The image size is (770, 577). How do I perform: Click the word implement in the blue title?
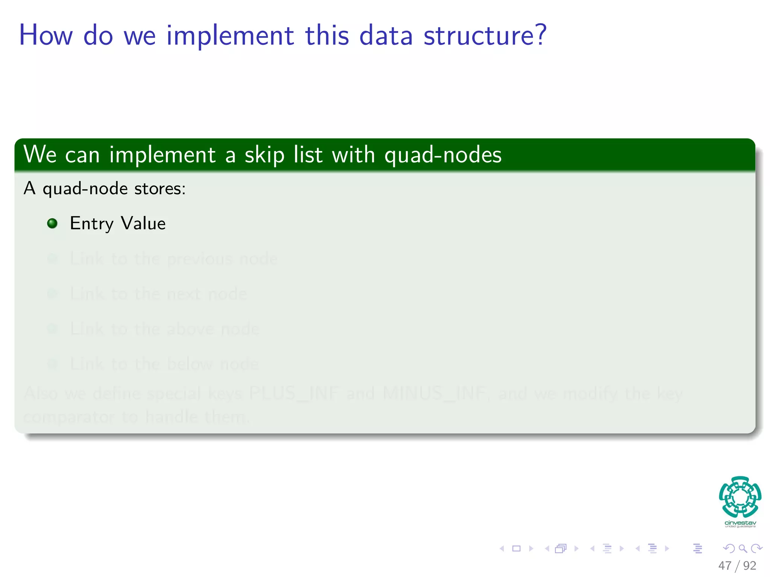point(230,36)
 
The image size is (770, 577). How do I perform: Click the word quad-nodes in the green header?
point(443,155)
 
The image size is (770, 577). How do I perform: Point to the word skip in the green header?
point(264,155)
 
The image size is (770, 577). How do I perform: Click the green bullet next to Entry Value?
point(52,224)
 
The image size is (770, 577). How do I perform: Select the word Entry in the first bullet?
point(91,224)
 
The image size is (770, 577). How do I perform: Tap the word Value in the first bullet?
point(143,223)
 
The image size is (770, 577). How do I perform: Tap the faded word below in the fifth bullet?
point(189,364)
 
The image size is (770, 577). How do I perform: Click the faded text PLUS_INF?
point(294,394)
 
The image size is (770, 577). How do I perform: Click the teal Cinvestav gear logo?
point(740,497)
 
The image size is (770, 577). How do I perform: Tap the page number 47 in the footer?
point(725,565)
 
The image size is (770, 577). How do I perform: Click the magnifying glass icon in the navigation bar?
point(743,548)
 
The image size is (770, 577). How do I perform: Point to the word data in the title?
point(386,36)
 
